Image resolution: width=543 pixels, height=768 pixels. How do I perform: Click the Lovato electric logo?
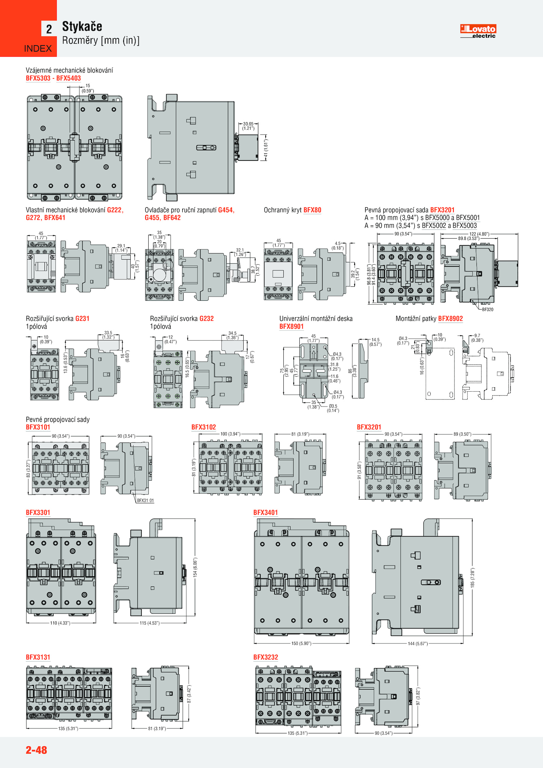pos(478,31)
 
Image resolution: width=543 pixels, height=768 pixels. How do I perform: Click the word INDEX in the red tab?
pos(38,49)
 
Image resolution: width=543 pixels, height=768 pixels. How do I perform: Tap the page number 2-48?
pos(36,750)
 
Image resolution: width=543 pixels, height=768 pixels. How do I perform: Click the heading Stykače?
pos(82,26)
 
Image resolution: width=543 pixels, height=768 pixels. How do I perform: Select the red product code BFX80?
pos(312,210)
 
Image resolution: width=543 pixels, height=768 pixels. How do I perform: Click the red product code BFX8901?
pos(292,326)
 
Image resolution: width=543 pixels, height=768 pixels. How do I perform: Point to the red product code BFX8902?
pos(450,319)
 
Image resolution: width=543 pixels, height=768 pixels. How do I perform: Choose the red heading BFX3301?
pos(38,512)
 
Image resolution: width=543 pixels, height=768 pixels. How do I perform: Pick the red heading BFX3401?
pos(265,512)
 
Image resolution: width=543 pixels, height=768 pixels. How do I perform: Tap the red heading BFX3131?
pos(38,657)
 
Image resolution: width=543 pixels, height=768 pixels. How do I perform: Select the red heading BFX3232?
pos(265,657)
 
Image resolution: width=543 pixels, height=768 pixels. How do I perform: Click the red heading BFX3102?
pos(204,427)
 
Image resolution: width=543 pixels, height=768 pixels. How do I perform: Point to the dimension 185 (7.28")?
pos(472,578)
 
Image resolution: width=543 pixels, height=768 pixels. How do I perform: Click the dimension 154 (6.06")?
pos(195,567)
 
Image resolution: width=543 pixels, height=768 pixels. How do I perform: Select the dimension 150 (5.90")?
pos(301,643)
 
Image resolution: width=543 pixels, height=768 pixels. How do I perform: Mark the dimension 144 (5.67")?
pos(418,644)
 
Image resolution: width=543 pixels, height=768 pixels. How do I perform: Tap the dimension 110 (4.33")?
pos(60,623)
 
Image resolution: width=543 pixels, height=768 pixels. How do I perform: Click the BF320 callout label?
pos(488,310)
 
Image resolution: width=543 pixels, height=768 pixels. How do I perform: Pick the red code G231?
pos(82,319)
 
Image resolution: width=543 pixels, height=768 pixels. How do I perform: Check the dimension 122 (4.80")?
pos(479,234)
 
